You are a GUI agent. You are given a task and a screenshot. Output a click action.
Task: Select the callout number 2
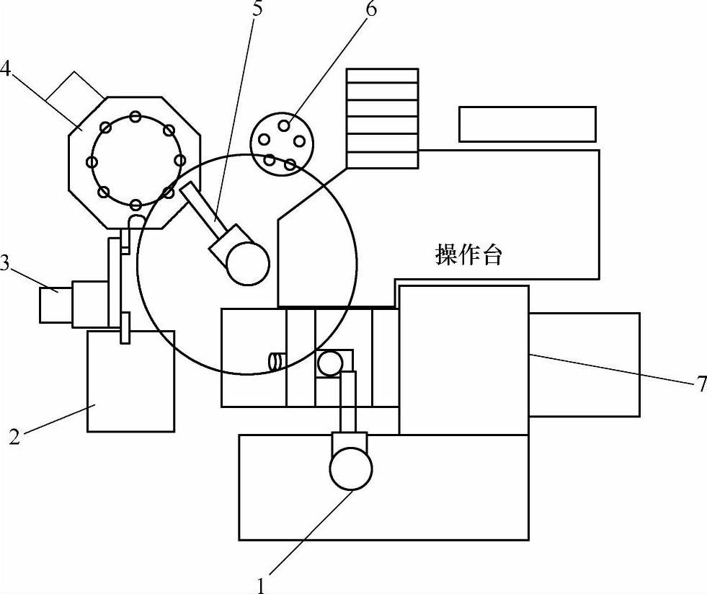click(x=13, y=437)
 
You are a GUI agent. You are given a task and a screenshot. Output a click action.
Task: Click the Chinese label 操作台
click(x=468, y=254)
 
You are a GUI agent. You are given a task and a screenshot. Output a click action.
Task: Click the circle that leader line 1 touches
click(x=351, y=469)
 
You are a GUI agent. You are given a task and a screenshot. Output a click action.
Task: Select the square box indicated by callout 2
click(x=130, y=382)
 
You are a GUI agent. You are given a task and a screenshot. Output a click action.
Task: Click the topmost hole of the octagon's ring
click(x=135, y=117)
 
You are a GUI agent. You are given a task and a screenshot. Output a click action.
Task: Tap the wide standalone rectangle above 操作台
click(x=528, y=124)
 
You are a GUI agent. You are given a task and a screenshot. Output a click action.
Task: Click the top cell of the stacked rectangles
click(x=382, y=76)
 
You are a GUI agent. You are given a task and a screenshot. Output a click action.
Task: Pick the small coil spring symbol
click(x=275, y=360)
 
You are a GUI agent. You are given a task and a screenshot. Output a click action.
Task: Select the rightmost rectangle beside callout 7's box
click(x=584, y=364)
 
